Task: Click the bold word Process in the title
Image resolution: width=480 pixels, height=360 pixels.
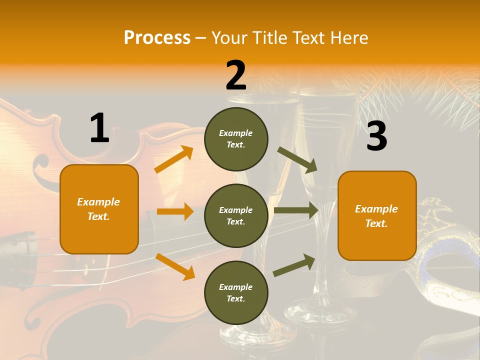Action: point(157,37)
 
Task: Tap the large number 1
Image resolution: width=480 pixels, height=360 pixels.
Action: point(99,128)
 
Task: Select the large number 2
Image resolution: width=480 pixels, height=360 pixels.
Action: point(236,75)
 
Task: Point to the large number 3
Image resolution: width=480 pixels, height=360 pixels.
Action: point(376,136)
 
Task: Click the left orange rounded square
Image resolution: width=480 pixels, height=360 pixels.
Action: point(99,209)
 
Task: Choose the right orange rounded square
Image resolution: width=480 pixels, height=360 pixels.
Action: point(377,215)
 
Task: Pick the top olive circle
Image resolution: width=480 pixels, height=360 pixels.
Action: point(236,139)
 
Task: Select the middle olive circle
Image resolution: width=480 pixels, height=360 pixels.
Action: point(236,215)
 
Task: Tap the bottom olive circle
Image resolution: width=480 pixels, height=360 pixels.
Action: point(236,292)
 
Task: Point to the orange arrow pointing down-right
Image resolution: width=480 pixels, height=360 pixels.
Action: point(175,266)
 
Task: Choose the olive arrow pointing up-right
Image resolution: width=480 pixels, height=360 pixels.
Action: point(294,265)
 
